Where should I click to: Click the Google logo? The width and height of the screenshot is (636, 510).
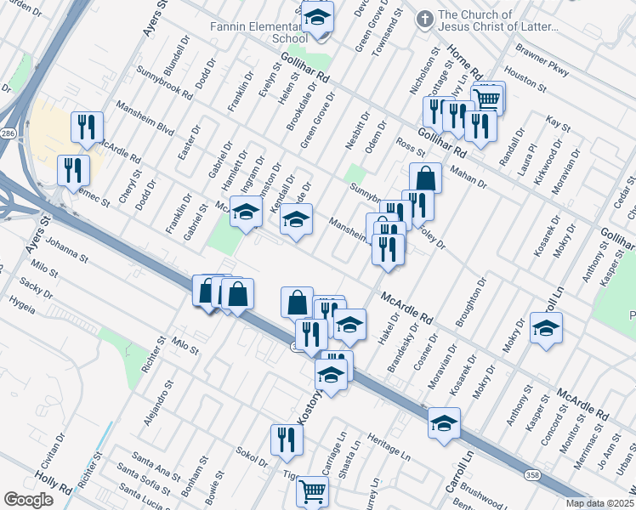pyautogui.click(x=29, y=500)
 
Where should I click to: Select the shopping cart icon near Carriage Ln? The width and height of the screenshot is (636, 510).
pyautogui.click(x=313, y=490)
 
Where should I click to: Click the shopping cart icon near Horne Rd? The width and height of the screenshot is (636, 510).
pyautogui.click(x=486, y=99)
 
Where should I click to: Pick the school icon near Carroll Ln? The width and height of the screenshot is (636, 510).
pyautogui.click(x=444, y=422)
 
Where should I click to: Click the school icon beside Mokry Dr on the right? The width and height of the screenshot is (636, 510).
pyautogui.click(x=546, y=327)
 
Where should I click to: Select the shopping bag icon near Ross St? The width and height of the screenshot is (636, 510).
pyautogui.click(x=426, y=178)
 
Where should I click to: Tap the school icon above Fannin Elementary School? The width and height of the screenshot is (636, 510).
pyautogui.click(x=317, y=16)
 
